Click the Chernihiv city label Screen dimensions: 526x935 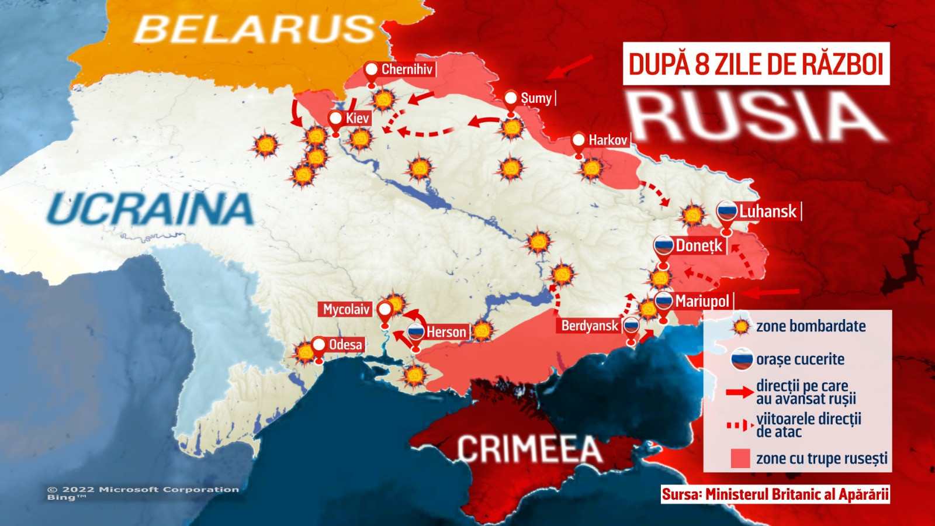407,70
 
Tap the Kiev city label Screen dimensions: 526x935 356,119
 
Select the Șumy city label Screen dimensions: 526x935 536,98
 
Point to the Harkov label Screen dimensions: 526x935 607,140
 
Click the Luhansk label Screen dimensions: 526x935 767,212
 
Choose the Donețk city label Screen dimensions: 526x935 699,246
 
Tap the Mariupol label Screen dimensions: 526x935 702,302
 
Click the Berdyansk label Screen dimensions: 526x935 590,326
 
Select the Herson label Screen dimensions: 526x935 446,333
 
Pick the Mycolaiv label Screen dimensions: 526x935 346,309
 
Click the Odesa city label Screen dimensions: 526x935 345,345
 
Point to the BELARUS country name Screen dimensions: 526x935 254,29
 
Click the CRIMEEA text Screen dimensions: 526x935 529,449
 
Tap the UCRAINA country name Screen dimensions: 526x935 150,209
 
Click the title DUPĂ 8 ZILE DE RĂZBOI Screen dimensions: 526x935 756,64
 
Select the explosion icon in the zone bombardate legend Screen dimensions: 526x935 740,326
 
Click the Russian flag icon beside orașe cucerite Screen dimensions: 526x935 742,359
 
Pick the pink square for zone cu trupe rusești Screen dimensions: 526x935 740,458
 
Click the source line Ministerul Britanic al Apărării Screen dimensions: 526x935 775,494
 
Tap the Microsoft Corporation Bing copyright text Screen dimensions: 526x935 143,493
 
